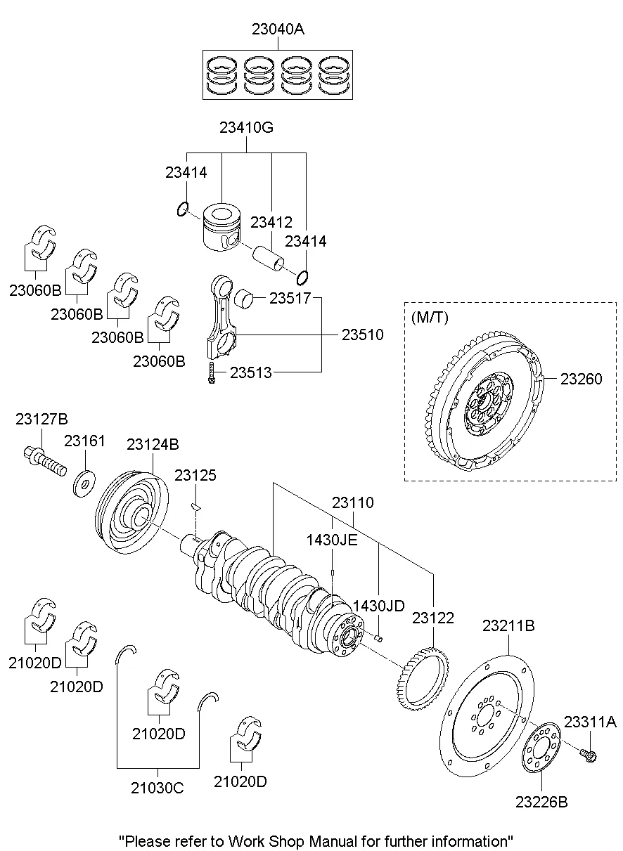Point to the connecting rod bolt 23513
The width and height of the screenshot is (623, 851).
pyautogui.click(x=210, y=373)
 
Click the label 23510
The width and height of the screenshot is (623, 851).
pyautogui.click(x=363, y=334)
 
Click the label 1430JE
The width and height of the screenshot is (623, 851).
pyautogui.click(x=332, y=540)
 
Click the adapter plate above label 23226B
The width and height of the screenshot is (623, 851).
pyautogui.click(x=541, y=749)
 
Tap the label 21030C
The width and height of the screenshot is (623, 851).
pyautogui.click(x=158, y=788)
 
